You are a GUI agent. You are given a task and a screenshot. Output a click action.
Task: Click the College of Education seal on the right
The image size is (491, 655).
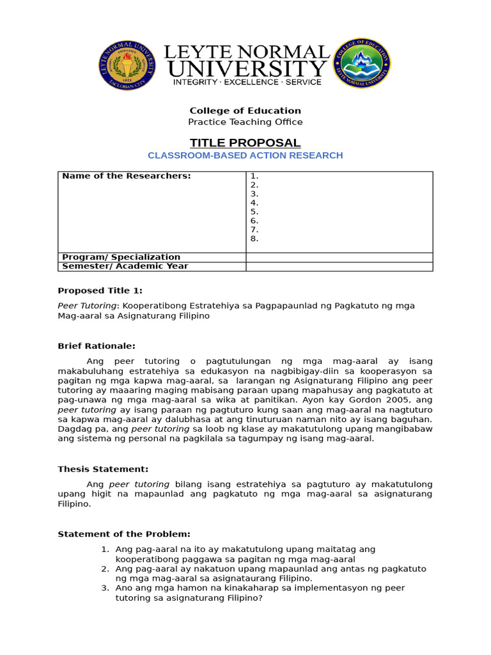[x=364, y=64]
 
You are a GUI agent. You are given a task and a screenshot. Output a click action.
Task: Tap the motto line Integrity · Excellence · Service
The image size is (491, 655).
[x=245, y=83]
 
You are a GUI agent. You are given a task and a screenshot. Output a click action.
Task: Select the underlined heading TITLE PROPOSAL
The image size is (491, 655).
[x=245, y=142]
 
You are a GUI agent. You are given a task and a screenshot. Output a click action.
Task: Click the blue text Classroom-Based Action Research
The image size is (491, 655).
[x=245, y=155]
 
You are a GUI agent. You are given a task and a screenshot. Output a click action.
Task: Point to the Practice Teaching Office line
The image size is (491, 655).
[x=245, y=122]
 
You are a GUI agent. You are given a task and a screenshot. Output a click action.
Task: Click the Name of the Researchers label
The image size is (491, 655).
[x=127, y=176]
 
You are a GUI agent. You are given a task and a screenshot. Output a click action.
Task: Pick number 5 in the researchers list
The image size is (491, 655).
[x=254, y=212]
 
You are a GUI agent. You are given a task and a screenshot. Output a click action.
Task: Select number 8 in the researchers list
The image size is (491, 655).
[x=254, y=239]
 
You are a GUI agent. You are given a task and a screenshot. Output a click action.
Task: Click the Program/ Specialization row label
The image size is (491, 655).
[x=121, y=257]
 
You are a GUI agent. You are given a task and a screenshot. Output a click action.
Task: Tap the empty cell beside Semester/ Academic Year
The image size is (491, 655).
[x=339, y=266]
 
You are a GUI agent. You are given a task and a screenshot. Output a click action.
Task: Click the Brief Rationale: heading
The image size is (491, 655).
[x=97, y=346]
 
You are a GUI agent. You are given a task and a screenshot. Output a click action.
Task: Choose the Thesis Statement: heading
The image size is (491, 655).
[x=103, y=469]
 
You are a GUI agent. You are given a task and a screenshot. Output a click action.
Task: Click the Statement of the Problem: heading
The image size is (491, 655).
[x=124, y=534]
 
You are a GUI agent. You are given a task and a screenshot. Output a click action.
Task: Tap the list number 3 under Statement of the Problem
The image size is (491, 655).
[x=105, y=588]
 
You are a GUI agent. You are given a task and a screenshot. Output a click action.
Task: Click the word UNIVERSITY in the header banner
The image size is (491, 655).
[x=247, y=68]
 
